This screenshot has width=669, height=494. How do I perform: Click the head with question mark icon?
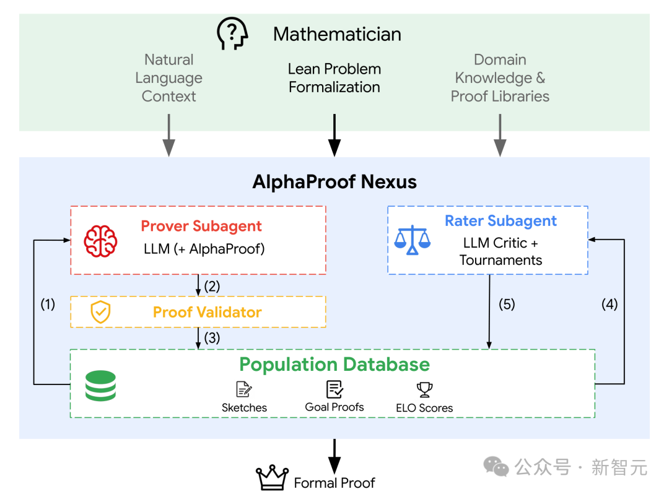[x=232, y=33]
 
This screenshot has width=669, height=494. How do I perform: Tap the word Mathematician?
[x=337, y=34]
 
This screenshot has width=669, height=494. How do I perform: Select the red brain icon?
[x=101, y=241]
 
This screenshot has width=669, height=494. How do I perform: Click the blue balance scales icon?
[x=412, y=240]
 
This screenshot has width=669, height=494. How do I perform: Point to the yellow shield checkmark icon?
[x=101, y=311]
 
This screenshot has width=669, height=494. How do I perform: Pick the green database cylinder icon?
[x=101, y=386]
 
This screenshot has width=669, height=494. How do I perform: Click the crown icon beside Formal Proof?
[x=272, y=477]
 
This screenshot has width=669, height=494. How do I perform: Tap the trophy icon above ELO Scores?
[x=424, y=389]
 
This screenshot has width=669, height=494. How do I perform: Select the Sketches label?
[x=244, y=407]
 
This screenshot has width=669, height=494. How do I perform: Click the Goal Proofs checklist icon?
[x=334, y=389]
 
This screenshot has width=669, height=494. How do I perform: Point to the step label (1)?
[x=48, y=305]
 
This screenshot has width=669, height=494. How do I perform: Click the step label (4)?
[x=610, y=305]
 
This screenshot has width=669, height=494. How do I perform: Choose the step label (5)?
[x=507, y=305]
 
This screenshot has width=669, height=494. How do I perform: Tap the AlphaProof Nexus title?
[x=334, y=182]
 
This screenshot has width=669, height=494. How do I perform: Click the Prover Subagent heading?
[x=201, y=227]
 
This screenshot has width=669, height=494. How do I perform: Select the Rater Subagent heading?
[x=501, y=221]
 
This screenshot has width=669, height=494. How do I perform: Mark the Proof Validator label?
[x=208, y=313]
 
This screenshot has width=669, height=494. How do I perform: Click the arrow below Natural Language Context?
[x=169, y=135]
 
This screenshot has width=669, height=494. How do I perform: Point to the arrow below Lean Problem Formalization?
[x=334, y=135]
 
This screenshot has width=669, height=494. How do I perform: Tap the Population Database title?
[x=334, y=365]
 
